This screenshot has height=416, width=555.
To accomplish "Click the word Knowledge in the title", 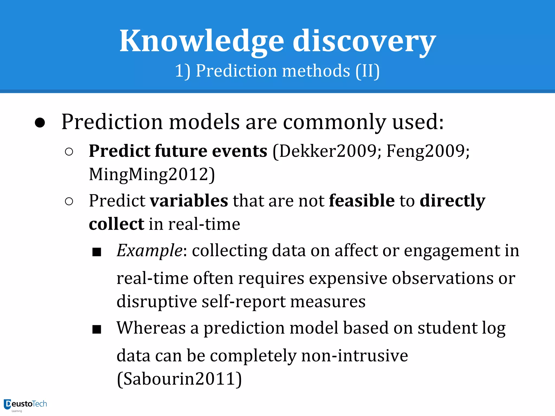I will point(202,41).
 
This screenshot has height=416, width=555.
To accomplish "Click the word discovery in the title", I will point(364,41).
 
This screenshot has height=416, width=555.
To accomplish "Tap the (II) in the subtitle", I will point(367,71).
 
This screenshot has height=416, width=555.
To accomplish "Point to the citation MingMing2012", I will point(152,174).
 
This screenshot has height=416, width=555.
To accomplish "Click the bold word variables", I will point(189,201).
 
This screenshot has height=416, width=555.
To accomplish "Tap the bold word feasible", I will point(362,201).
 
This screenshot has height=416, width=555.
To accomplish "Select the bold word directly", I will point(452,201).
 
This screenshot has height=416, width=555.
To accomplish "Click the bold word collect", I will point(117,224).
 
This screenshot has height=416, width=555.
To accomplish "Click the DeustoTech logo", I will point(25,405).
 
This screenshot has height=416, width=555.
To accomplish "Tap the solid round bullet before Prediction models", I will point(40,123).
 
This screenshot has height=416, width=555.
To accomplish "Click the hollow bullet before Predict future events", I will point(69,152).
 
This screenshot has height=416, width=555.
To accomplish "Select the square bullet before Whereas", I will point(97,329).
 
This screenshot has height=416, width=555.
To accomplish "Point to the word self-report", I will point(244,301).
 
